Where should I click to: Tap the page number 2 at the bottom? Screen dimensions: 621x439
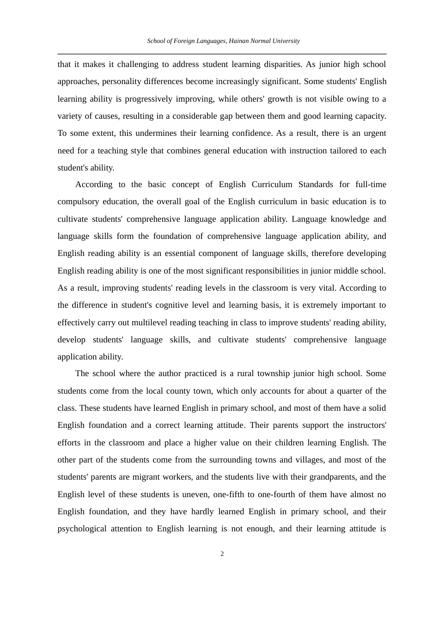pyautogui.click(x=222, y=554)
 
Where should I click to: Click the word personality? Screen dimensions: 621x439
pyautogui.click(x=120, y=82)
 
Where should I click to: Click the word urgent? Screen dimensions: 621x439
pyautogui.click(x=374, y=134)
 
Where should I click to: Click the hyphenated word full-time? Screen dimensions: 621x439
pyautogui.click(x=371, y=185)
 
